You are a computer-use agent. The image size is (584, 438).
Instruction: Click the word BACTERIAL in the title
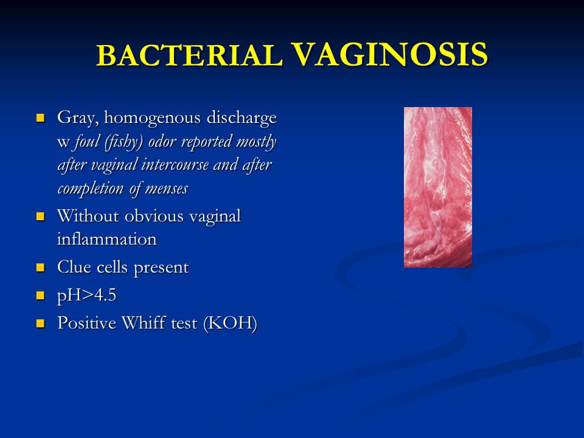click(x=189, y=55)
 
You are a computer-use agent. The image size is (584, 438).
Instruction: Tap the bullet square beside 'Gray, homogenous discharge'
click(x=40, y=118)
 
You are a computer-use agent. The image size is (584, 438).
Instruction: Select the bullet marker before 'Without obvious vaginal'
click(x=40, y=217)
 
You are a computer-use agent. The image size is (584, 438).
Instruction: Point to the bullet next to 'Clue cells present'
click(x=40, y=268)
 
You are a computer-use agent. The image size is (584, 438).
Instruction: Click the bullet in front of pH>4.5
click(x=40, y=296)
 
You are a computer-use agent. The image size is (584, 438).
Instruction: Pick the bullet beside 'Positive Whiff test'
click(x=40, y=323)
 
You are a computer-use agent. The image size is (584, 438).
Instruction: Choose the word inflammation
click(x=107, y=239)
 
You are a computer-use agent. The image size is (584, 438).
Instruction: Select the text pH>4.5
click(x=87, y=296)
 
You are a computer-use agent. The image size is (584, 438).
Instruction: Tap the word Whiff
click(x=144, y=322)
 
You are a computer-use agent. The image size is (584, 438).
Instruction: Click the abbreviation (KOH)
click(x=230, y=323)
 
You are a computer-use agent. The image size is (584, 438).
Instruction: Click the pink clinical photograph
click(x=438, y=187)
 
